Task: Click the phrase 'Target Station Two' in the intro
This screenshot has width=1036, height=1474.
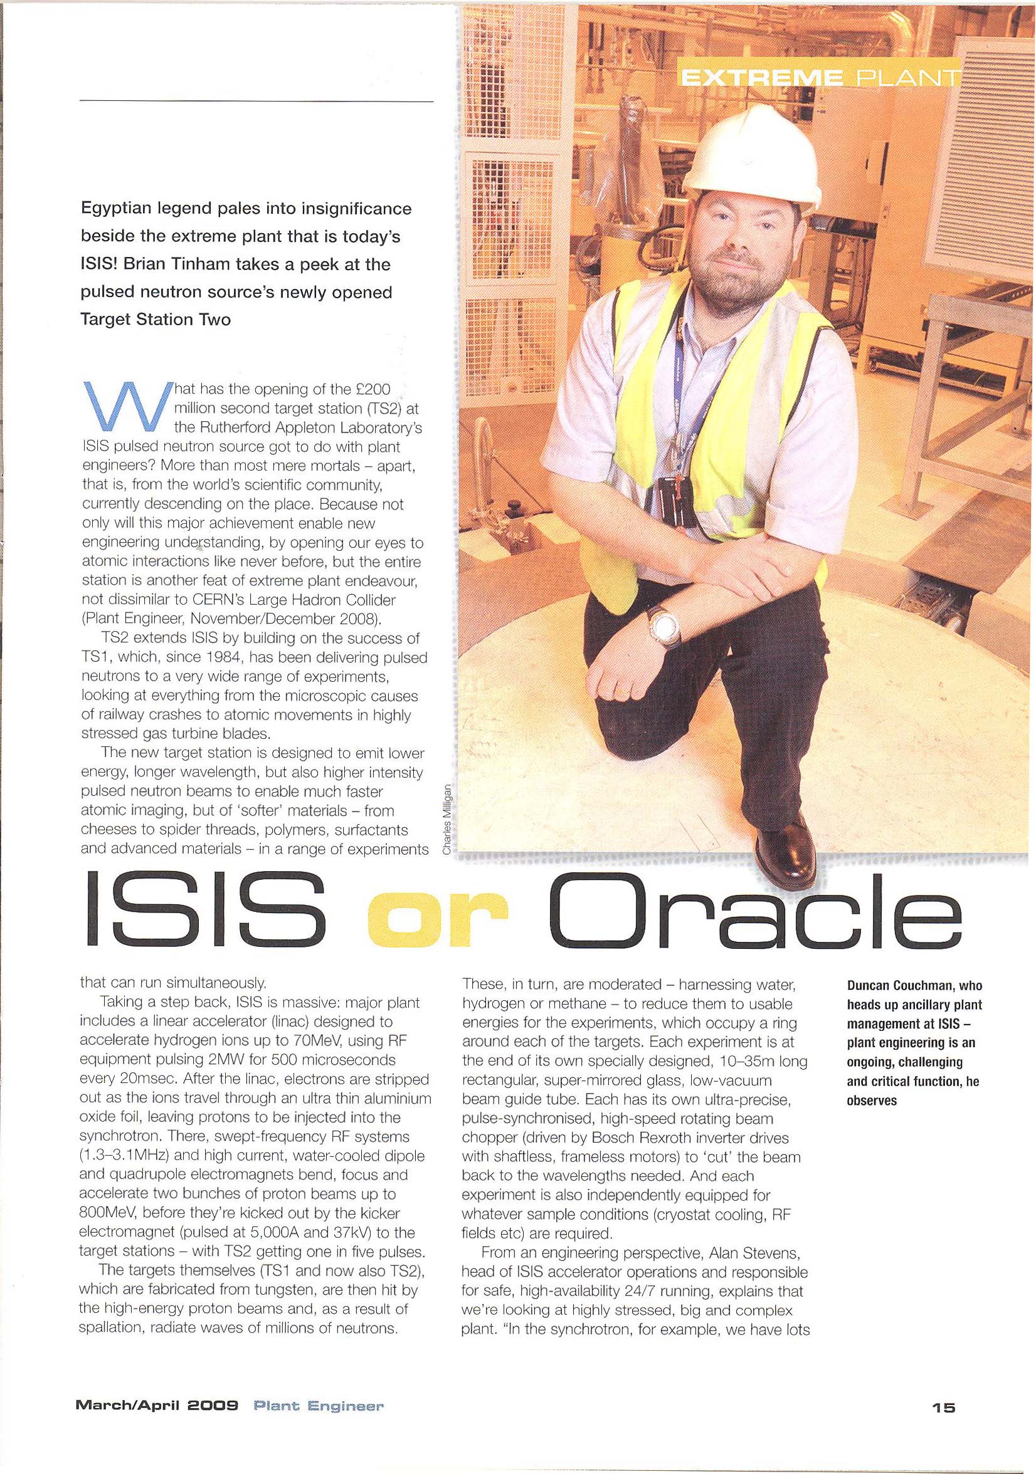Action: (x=156, y=319)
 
